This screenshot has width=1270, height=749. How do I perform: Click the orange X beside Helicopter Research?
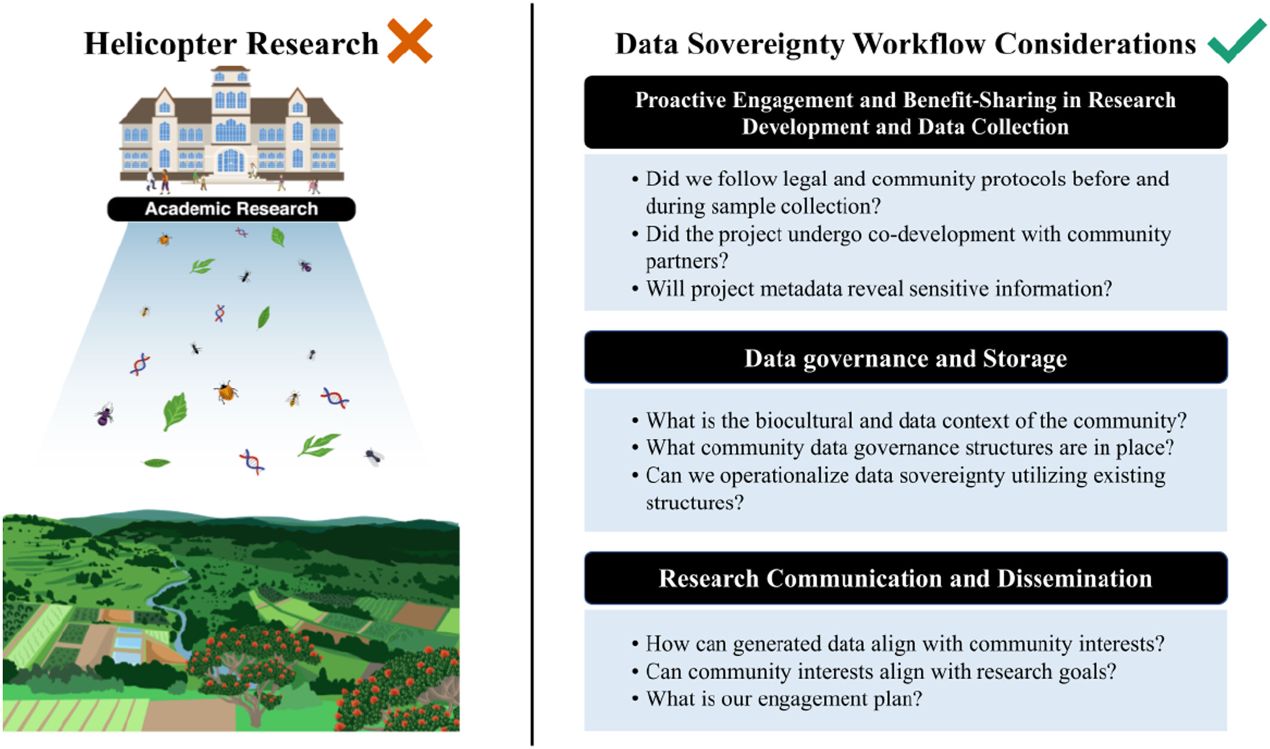click(410, 41)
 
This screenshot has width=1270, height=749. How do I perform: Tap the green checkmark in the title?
click(1237, 41)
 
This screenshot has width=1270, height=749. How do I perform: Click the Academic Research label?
click(232, 209)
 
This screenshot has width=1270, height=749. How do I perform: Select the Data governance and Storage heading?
click(905, 358)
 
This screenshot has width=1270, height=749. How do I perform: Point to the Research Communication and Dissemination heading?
click(905, 578)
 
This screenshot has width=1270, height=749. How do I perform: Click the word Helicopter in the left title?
click(161, 44)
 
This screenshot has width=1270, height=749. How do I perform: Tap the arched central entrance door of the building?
click(230, 160)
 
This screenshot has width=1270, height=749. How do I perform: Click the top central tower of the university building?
click(231, 90)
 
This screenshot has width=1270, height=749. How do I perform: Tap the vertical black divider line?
click(532, 374)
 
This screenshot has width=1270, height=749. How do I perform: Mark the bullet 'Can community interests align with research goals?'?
click(874, 671)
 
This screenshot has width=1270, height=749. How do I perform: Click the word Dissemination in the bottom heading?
click(1075, 578)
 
